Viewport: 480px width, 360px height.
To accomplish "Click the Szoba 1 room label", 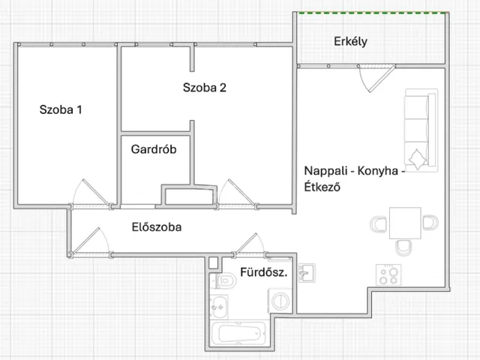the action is pyautogui.click(x=61, y=109).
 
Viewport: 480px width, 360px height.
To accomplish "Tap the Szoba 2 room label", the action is pyautogui.click(x=205, y=88).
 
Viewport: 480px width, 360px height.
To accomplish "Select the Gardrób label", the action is pyautogui.click(x=154, y=149).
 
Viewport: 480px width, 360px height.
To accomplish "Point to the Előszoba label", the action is pyautogui.click(x=157, y=226).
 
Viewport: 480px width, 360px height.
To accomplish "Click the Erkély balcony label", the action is pyautogui.click(x=350, y=41).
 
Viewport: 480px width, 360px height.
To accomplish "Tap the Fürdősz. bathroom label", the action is pyautogui.click(x=264, y=271).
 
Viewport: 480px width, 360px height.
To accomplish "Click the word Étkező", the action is pyautogui.click(x=322, y=187).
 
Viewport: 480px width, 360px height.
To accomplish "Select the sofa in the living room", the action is pyautogui.click(x=421, y=130).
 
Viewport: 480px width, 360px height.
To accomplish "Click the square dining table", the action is pyautogui.click(x=405, y=223).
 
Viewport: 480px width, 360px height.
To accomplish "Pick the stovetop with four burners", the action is pyautogui.click(x=388, y=275).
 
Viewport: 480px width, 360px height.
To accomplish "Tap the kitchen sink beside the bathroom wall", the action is pyautogui.click(x=307, y=272).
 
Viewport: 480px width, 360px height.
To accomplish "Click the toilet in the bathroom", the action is pyautogui.click(x=225, y=280).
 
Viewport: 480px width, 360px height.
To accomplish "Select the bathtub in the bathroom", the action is pyautogui.click(x=240, y=333).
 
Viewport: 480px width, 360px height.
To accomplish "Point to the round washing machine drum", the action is pyautogui.click(x=280, y=301).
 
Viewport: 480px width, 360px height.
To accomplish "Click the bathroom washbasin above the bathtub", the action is pyautogui.click(x=218, y=307).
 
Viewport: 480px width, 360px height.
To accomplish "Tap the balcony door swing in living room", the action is pyautogui.click(x=376, y=79).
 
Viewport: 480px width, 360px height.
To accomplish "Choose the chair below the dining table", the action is pyautogui.click(x=403, y=247).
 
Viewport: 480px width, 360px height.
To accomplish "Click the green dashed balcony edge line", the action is pyautogui.click(x=373, y=13).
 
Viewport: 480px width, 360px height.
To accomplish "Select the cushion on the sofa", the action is pyautogui.click(x=418, y=159).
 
